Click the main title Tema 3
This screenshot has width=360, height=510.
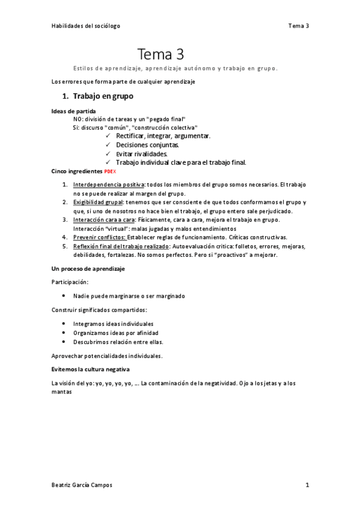160,55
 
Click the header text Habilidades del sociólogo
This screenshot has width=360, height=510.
85,26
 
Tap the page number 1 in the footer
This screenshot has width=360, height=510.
307,484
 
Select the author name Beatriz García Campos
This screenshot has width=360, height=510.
82,484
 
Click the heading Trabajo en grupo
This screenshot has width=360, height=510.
102,96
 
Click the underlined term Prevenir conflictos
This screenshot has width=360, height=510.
100,237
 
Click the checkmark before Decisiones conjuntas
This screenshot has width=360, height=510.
108,145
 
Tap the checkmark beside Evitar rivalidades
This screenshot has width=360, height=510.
108,153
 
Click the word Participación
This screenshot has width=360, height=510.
71,281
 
